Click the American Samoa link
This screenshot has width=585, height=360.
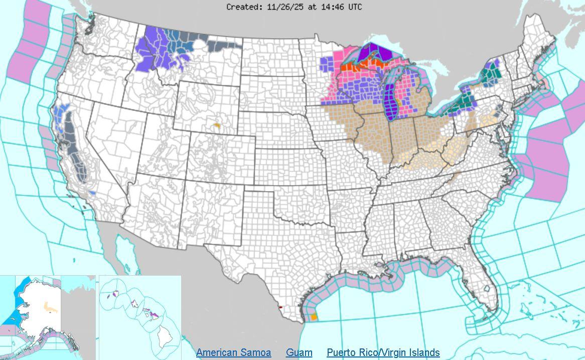tap(233, 352)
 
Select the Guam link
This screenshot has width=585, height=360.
tap(299, 352)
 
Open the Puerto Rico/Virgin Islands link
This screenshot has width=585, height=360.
tap(383, 352)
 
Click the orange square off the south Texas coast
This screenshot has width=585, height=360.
tap(314, 317)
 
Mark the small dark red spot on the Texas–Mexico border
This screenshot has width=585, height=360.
tap(280, 307)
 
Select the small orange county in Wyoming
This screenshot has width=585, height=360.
tap(217, 125)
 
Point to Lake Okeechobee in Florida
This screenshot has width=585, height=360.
tap(486, 290)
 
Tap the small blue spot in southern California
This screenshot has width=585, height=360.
tap(91, 193)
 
